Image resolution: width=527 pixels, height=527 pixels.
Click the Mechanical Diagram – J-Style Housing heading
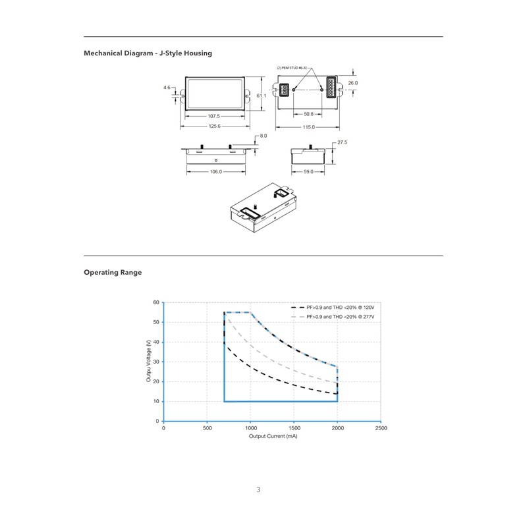[148, 53]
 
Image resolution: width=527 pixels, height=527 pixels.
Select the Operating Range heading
[113, 272]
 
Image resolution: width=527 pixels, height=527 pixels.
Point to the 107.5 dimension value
[215, 117]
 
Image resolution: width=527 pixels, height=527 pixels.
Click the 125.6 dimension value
[215, 126]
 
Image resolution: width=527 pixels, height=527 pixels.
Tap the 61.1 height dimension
[262, 96]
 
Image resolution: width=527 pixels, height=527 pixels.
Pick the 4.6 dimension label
[167, 87]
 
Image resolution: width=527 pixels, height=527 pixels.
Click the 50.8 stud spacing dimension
[308, 114]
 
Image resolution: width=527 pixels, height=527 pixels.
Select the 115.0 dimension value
[308, 127]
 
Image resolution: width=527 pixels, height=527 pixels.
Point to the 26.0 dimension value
[352, 83]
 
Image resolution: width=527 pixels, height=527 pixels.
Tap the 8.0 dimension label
[263, 136]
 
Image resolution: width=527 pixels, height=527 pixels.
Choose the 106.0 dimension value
[215, 172]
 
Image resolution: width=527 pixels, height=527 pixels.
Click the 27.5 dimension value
[342, 142]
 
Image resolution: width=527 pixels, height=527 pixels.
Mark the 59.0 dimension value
[308, 172]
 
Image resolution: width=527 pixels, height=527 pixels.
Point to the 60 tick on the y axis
[156, 302]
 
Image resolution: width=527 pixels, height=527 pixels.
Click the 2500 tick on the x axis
[381, 428]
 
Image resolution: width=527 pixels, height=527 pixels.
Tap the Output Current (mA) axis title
[272, 437]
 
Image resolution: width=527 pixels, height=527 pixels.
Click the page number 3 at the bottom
[258, 489]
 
